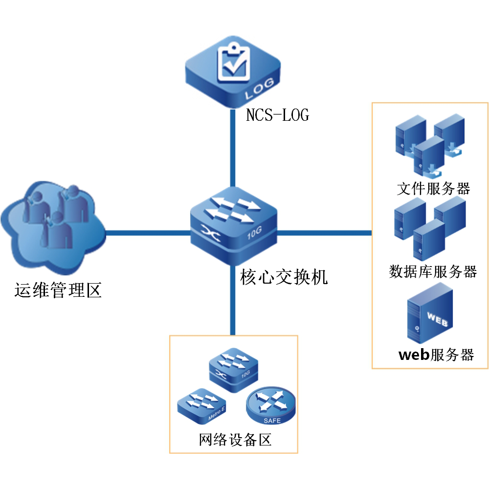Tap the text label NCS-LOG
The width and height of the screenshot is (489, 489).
pyautogui.click(x=277, y=115)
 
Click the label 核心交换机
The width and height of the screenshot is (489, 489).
pyautogui.click(x=284, y=277)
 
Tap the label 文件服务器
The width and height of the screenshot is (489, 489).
pyautogui.click(x=433, y=189)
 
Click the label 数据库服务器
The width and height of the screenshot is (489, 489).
pyautogui.click(x=433, y=271)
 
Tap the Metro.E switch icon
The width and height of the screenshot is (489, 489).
pyautogui.click(x=200, y=406)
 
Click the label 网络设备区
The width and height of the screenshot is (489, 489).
pyautogui.click(x=235, y=440)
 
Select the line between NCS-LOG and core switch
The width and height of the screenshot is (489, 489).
pyautogui.click(x=231, y=149)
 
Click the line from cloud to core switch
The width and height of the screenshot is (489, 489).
pyautogui.click(x=147, y=233)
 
